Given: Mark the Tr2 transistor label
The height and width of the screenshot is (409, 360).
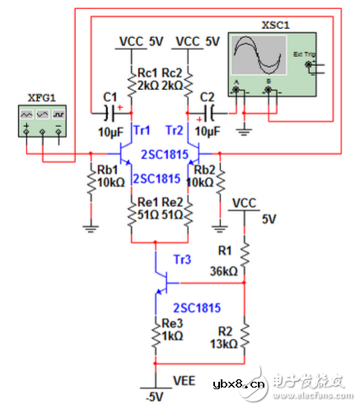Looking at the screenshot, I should click(174, 131).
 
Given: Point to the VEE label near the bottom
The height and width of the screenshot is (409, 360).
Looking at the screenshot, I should click(185, 380).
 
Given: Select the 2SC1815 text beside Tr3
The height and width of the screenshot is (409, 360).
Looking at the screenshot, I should click(196, 308).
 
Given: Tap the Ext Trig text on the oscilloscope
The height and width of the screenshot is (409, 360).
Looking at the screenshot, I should click(305, 54).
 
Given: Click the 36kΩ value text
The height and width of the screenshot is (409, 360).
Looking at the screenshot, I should click(222, 270).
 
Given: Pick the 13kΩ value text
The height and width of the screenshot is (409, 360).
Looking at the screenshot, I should click(222, 344).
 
